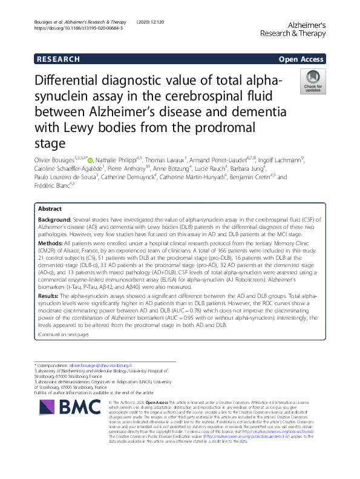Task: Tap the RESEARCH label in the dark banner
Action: point(58,59)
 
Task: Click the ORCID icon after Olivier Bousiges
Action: point(90,160)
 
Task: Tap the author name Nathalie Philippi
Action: point(116,160)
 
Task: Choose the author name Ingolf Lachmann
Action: point(278,160)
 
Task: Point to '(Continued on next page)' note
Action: point(63,334)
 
